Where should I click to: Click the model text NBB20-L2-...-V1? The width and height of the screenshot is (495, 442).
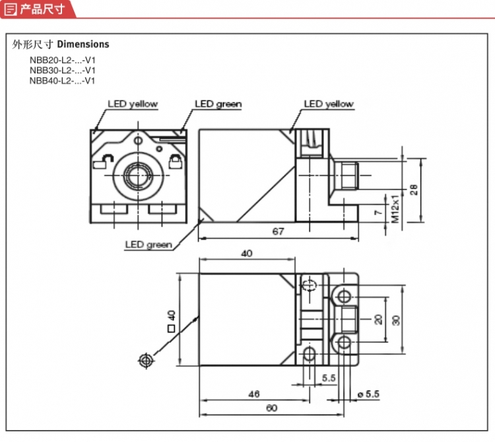point(62,60)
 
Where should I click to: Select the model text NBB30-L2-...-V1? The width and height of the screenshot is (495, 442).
point(62,70)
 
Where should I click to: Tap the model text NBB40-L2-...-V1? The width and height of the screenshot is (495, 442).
point(62,81)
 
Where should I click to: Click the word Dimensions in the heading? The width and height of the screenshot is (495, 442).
point(83,44)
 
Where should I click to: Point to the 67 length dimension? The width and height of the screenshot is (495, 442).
point(278,231)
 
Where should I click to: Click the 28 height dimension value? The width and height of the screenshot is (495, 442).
point(414,190)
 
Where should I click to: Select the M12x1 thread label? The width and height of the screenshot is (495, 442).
point(395,209)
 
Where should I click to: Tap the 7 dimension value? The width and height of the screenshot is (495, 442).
point(378,212)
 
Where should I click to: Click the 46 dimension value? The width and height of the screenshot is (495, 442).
point(254,394)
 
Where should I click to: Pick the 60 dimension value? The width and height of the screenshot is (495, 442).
point(271,408)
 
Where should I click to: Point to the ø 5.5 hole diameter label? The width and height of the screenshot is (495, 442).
point(368,394)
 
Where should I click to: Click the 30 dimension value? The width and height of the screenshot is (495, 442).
point(396,320)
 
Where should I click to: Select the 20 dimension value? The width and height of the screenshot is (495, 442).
point(378,319)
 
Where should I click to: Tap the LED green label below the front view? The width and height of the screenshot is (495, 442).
point(148,244)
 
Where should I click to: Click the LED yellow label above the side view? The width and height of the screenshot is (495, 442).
point(329,104)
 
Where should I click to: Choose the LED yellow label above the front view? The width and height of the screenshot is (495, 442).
point(133,104)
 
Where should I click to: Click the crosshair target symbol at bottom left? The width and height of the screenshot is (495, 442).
point(146,360)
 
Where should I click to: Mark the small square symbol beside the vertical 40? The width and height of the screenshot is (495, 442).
point(171,328)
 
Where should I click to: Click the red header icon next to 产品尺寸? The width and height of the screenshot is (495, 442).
point(10,9)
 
